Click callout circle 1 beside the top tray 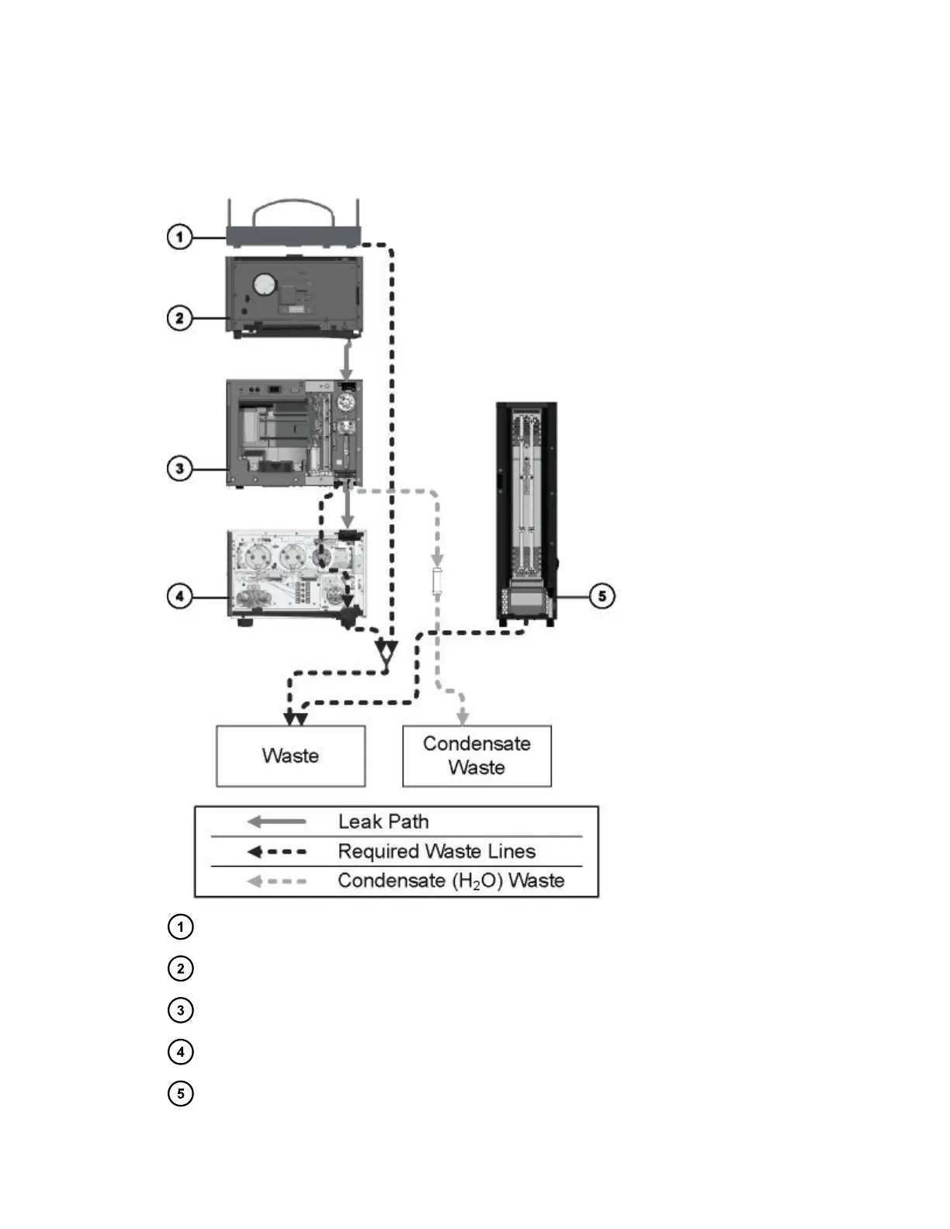[180, 236]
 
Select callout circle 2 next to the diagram [180, 318]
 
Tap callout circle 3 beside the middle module [180, 469]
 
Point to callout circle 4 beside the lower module [180, 597]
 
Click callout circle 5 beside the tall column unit [602, 597]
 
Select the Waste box [290, 756]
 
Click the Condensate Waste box [477, 756]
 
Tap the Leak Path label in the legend [383, 822]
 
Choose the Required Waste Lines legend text [436, 851]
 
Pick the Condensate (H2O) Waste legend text [451, 881]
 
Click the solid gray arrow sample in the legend [276, 822]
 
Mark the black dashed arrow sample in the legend [276, 852]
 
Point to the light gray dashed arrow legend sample [276, 881]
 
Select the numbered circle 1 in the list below [180, 926]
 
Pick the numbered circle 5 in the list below [180, 1094]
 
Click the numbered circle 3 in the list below [180, 1010]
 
